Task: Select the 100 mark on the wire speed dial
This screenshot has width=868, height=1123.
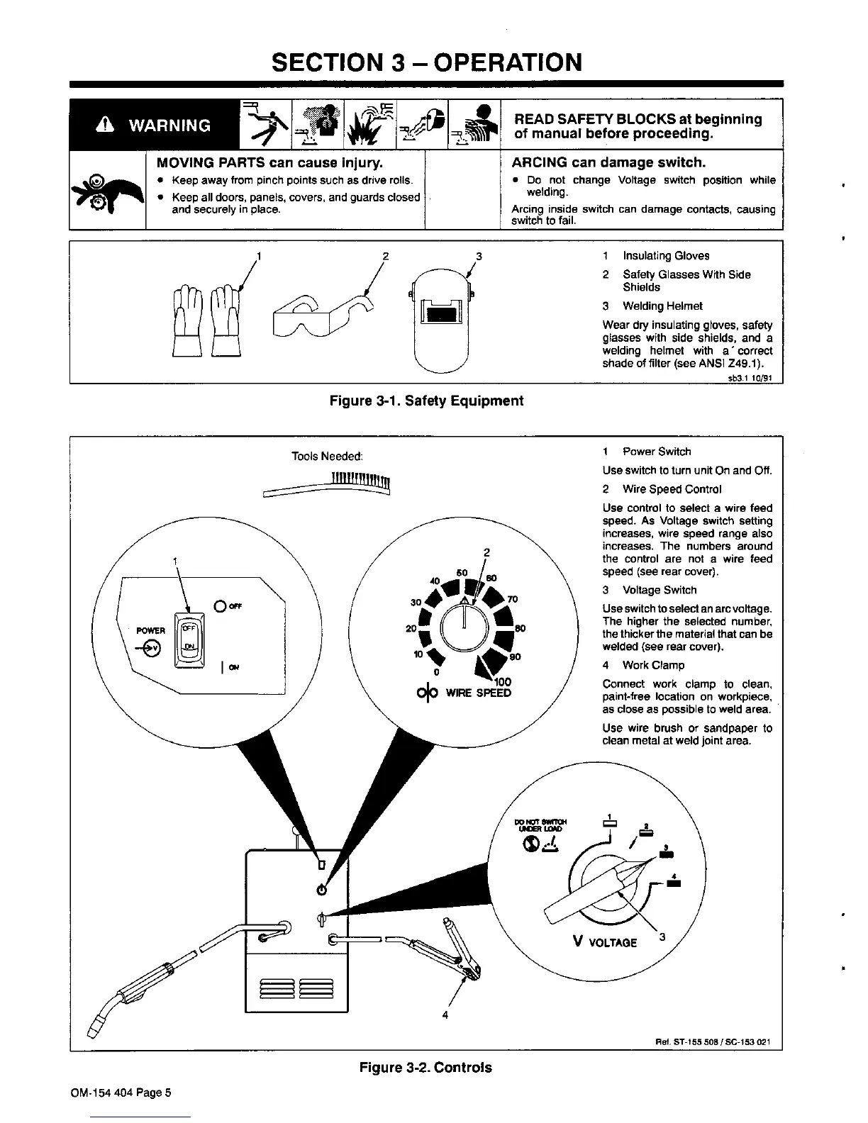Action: coord(503,682)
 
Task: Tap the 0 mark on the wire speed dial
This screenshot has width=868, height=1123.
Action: coord(436,671)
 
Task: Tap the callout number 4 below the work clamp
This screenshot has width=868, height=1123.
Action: coord(445,1015)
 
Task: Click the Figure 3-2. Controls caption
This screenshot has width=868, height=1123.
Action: coord(425,1067)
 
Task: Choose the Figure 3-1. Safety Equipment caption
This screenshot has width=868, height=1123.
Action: coord(427,401)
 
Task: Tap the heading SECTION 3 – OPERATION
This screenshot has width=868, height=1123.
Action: coord(427,62)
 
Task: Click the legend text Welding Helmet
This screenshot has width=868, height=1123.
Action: coord(662,306)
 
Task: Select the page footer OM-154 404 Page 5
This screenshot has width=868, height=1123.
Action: coord(121,1093)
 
